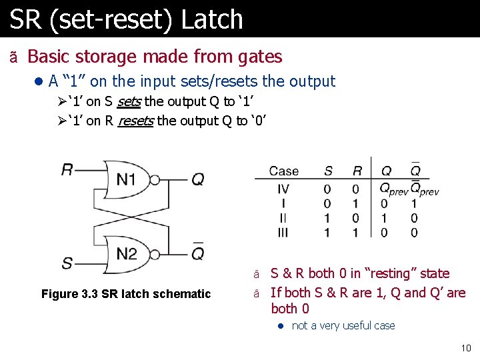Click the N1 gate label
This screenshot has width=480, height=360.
127,179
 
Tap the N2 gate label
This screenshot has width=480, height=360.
127,253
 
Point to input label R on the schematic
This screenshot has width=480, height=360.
67,170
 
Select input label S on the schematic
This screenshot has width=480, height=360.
67,262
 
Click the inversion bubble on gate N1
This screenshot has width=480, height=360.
155,179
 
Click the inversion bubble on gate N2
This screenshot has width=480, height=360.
155,254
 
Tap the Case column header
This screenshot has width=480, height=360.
283,171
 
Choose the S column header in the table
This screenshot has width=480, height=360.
328,171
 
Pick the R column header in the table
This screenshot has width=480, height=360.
357,171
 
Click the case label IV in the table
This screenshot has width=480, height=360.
283,189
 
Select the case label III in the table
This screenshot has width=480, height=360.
283,232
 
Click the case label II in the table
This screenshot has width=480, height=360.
283,218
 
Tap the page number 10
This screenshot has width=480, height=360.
465,348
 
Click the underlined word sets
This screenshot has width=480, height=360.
129,102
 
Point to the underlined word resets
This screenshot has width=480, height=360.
135,121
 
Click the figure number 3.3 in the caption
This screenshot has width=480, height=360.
91,294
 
